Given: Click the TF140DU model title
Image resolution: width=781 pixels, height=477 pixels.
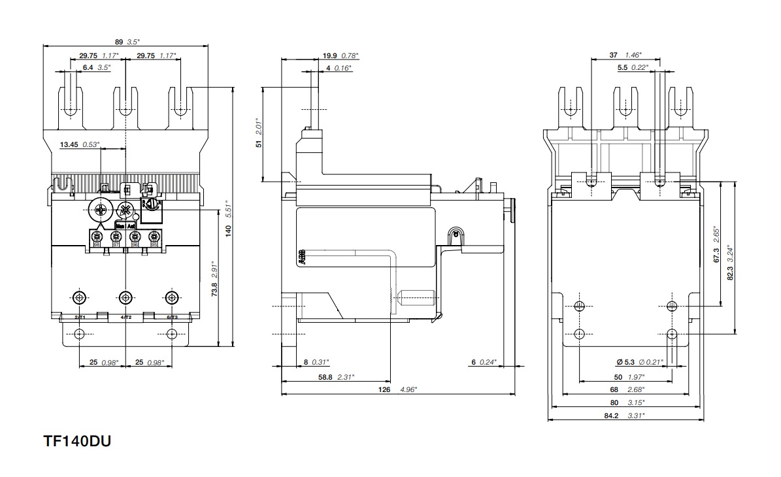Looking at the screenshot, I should (x=77, y=442).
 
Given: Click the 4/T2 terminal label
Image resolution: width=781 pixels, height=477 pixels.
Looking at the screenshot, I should (x=126, y=317).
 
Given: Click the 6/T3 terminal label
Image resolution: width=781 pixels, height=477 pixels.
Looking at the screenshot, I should (x=172, y=317).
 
